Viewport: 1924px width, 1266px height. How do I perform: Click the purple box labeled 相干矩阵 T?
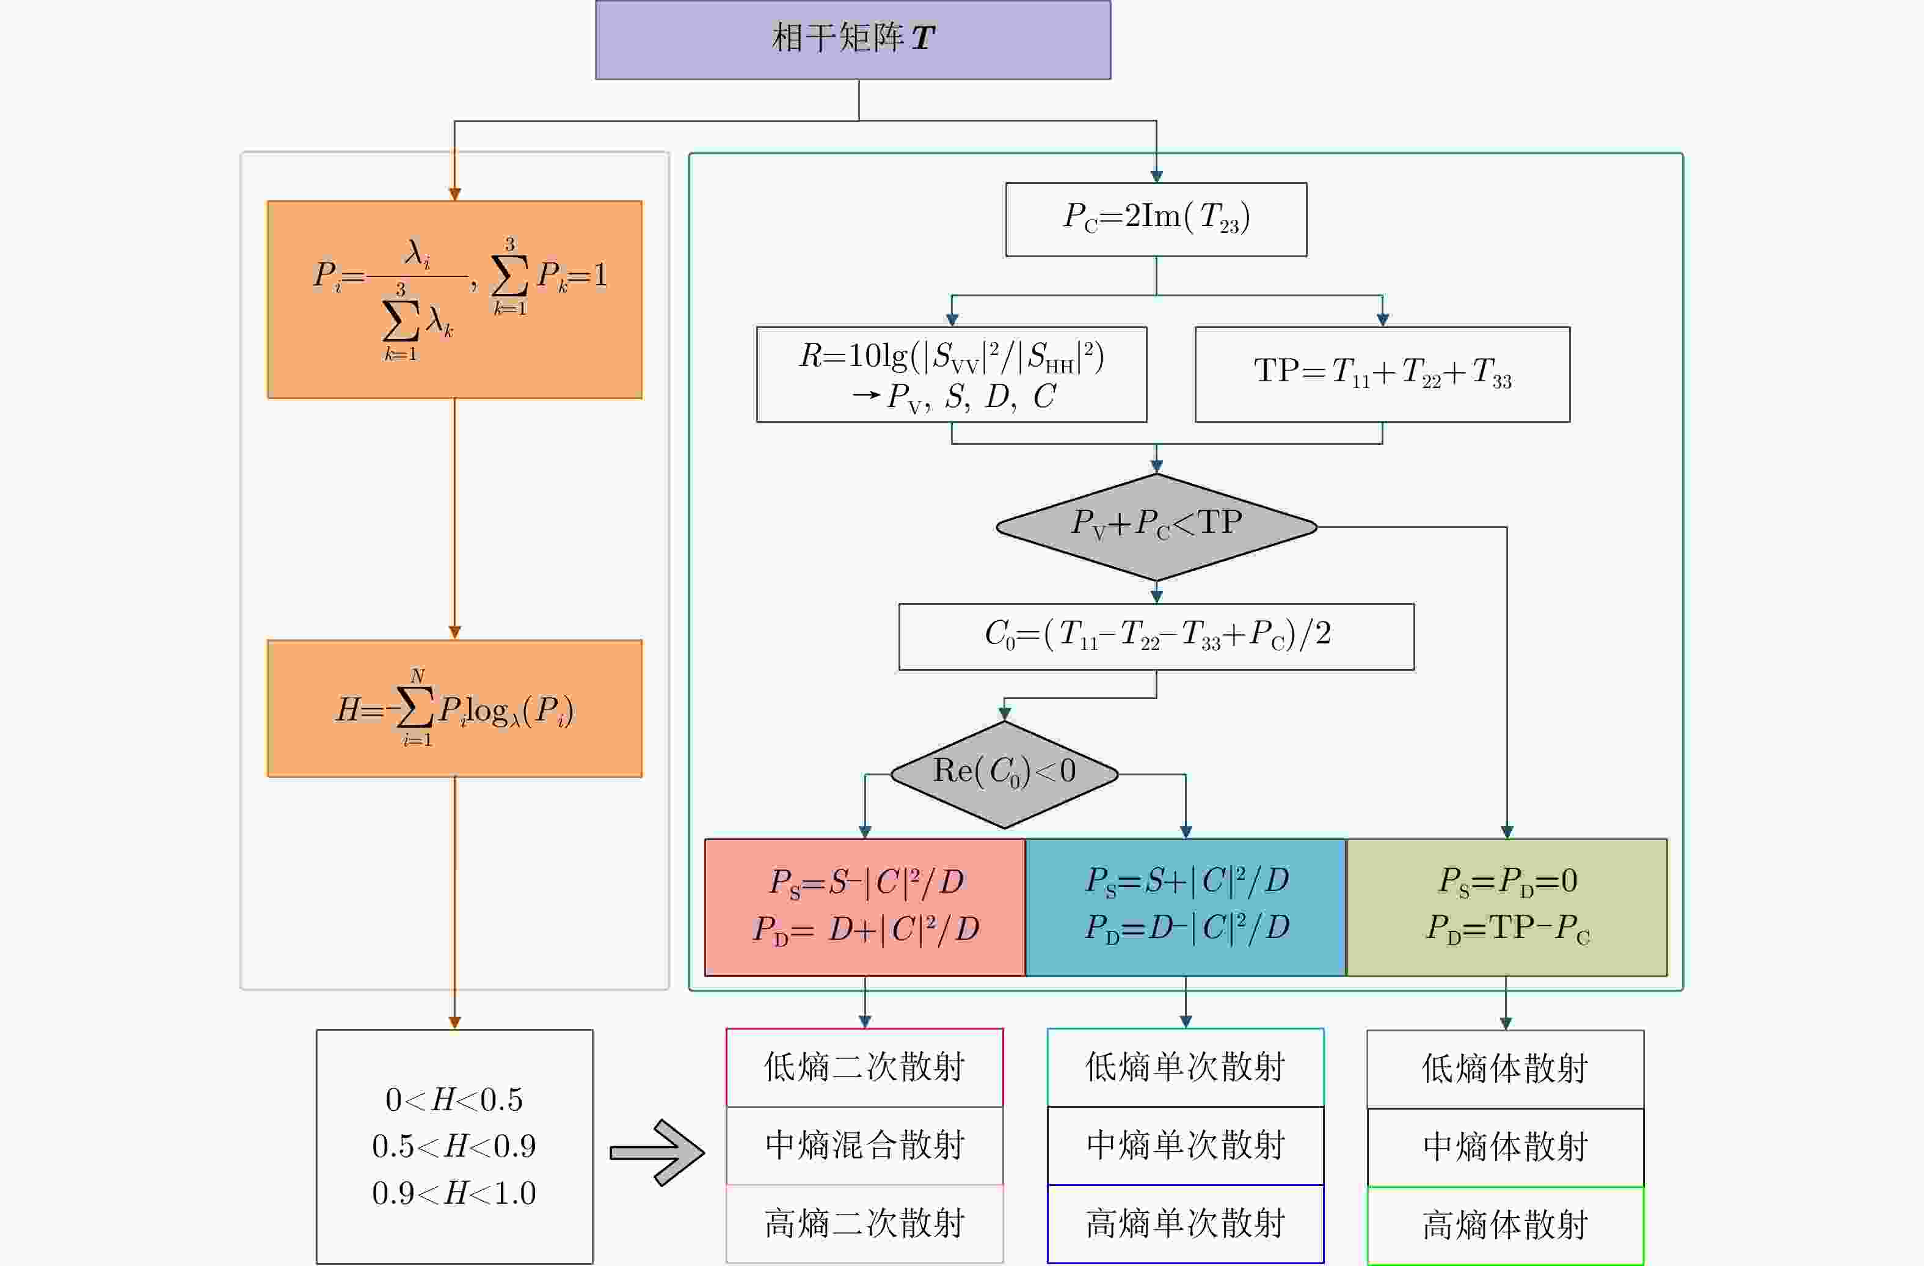point(853,40)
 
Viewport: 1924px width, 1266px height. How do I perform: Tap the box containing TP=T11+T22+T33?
point(1382,373)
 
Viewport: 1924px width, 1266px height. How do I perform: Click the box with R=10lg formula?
point(952,373)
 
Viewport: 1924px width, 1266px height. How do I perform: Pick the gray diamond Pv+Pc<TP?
point(1156,526)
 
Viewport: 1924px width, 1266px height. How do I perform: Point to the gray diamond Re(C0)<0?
point(1004,774)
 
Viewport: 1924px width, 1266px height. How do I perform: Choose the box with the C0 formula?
point(1156,636)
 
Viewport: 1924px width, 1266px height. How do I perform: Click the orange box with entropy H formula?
point(454,708)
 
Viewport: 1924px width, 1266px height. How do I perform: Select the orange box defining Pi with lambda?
point(454,299)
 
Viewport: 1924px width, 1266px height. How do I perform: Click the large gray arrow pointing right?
point(657,1152)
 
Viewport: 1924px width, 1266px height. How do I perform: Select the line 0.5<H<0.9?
point(454,1146)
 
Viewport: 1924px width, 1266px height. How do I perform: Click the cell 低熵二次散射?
point(864,1067)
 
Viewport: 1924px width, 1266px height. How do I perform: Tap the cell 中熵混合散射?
point(864,1146)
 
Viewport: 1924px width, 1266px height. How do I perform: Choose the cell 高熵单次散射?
point(1185,1223)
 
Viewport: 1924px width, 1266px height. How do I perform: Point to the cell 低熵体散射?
point(1505,1069)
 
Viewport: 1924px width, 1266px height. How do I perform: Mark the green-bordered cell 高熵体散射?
point(1505,1225)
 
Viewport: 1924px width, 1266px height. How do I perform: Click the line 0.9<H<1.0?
point(454,1193)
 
